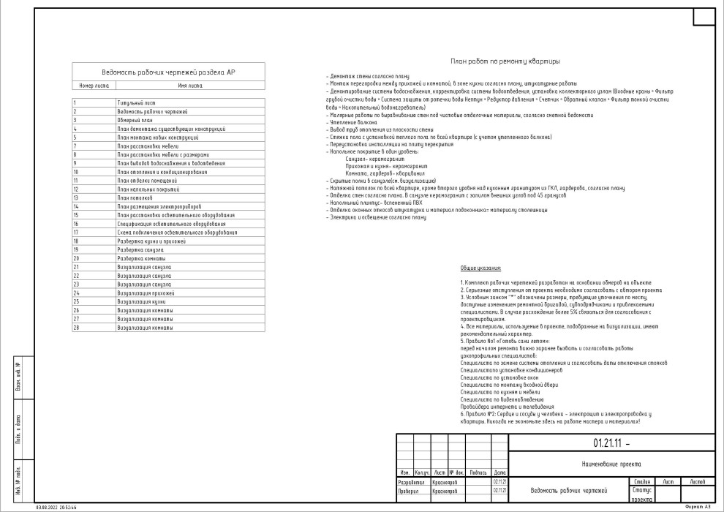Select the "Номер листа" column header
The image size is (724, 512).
[94, 86]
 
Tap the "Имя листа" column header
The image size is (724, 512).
[190, 86]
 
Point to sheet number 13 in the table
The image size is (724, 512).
[75, 198]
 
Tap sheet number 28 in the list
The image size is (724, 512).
[76, 328]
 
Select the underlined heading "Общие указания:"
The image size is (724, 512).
[480, 269]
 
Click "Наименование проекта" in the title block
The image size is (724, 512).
[611, 464]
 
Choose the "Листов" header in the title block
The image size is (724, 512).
[697, 482]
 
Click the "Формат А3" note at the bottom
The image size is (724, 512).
[697, 506]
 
